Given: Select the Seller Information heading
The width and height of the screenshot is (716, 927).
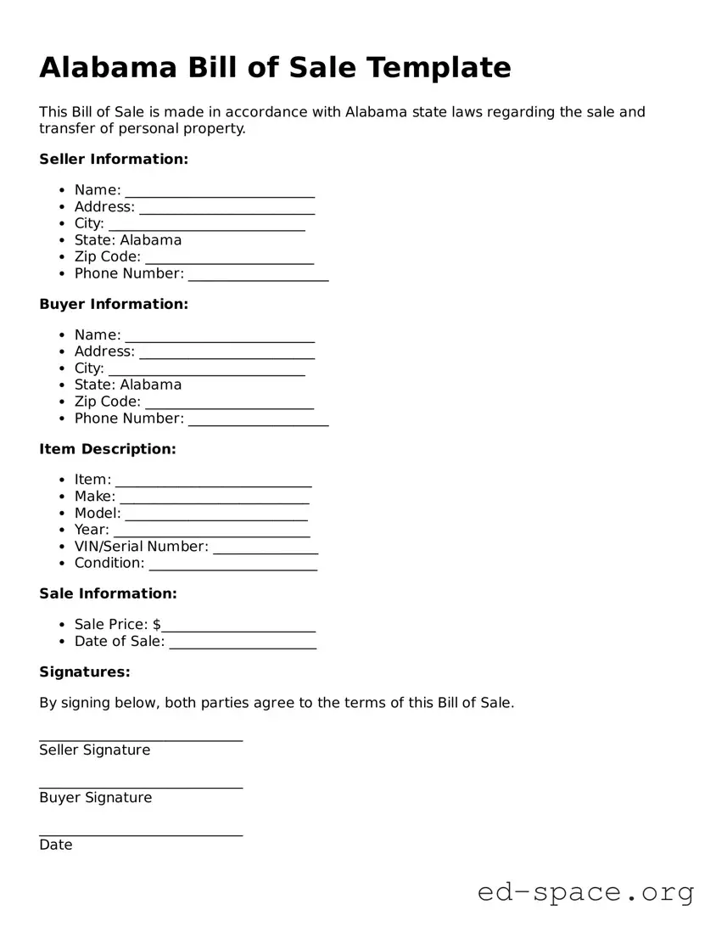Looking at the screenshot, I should coord(114,159).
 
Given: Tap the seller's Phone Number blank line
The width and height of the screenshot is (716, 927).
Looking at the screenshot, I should coord(258,277).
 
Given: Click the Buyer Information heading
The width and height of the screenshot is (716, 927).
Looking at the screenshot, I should coord(114,304).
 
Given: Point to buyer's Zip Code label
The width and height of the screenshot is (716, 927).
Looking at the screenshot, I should coord(107,402).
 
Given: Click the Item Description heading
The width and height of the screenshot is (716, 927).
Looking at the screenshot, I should coord(108,449).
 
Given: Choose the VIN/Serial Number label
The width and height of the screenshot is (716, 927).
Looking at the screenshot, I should coord(141,547).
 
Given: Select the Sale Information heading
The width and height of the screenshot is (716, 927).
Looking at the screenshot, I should coord(108,593).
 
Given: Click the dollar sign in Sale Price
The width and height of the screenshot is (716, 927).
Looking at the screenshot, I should coord(157,625).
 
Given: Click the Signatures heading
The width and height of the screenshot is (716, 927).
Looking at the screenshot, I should coord(85,672).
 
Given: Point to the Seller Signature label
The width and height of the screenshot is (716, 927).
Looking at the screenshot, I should coord(94,750).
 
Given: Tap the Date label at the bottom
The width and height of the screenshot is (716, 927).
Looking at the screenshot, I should coord(56,846).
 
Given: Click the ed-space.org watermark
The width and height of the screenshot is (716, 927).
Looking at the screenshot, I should coord(585,892).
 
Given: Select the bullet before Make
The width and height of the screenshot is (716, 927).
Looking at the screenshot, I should coord(64,497).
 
